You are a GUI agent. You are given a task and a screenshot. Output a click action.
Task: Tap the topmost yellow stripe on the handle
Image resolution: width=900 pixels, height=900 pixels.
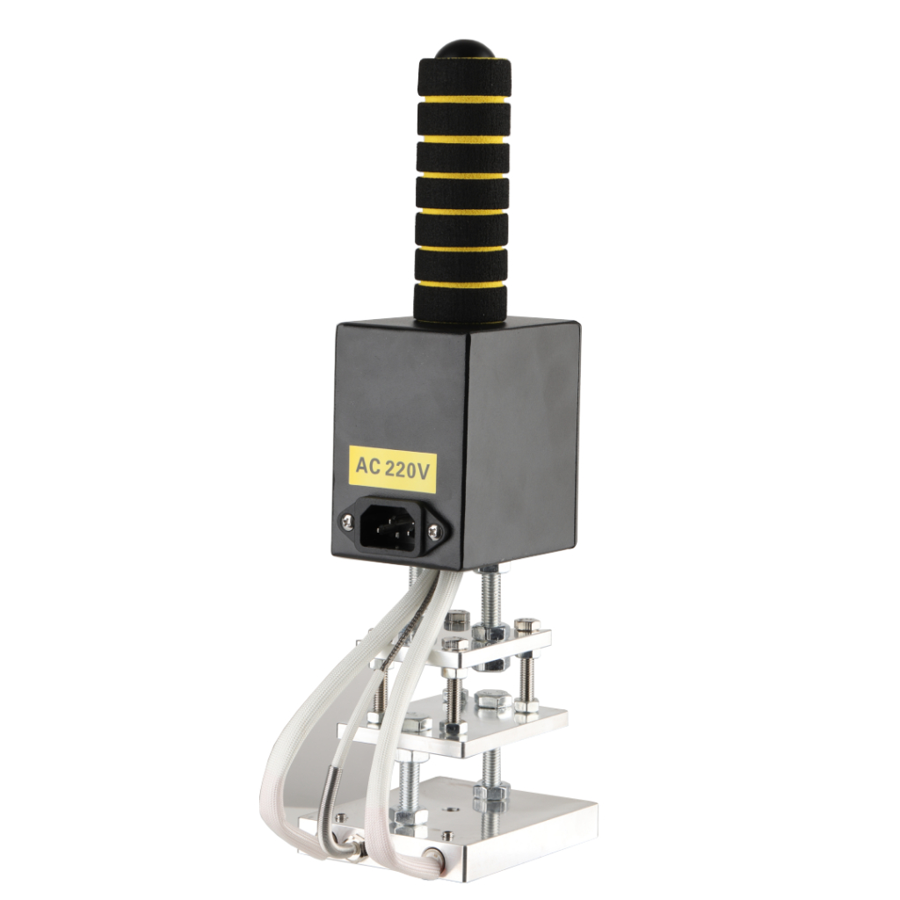coord(462,102)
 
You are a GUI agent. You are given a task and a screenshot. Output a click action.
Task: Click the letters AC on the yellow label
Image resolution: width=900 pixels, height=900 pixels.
coord(368,466)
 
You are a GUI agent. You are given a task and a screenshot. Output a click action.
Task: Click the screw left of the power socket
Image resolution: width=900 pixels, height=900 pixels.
coord(348,520)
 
